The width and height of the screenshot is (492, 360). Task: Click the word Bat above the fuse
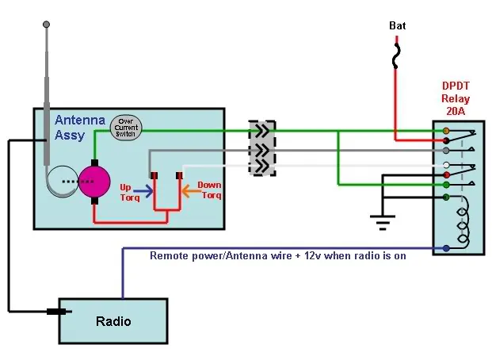pyautogui.click(x=397, y=25)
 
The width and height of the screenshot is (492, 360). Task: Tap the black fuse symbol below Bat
pyautogui.click(x=396, y=56)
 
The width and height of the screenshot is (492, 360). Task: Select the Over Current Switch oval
pyautogui.click(x=126, y=128)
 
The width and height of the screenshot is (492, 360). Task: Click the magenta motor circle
pyautogui.click(x=94, y=182)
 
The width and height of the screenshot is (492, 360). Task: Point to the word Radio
pyautogui.click(x=113, y=321)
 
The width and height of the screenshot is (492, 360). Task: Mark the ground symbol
pyautogui.click(x=383, y=223)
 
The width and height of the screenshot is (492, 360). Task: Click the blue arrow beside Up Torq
pyautogui.click(x=143, y=190)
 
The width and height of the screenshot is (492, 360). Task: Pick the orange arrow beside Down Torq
pyautogui.click(x=191, y=190)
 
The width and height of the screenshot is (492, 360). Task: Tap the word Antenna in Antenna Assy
pyautogui.click(x=80, y=120)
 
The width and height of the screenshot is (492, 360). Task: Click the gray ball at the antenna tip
pyautogui.click(x=46, y=25)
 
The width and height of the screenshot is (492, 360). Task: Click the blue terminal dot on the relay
pyautogui.click(x=446, y=248)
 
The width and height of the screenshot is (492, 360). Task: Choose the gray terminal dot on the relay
pyautogui.click(x=446, y=151)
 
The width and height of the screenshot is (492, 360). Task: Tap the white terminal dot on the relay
pyautogui.click(x=446, y=165)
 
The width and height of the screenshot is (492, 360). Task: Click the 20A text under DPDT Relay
pyautogui.click(x=456, y=111)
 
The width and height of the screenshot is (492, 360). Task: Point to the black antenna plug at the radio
pyautogui.click(x=57, y=312)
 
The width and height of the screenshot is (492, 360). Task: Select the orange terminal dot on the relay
pyautogui.click(x=446, y=131)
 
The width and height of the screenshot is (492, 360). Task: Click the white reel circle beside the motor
pyautogui.click(x=63, y=182)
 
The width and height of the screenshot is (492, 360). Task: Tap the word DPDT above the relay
pyautogui.click(x=456, y=86)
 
